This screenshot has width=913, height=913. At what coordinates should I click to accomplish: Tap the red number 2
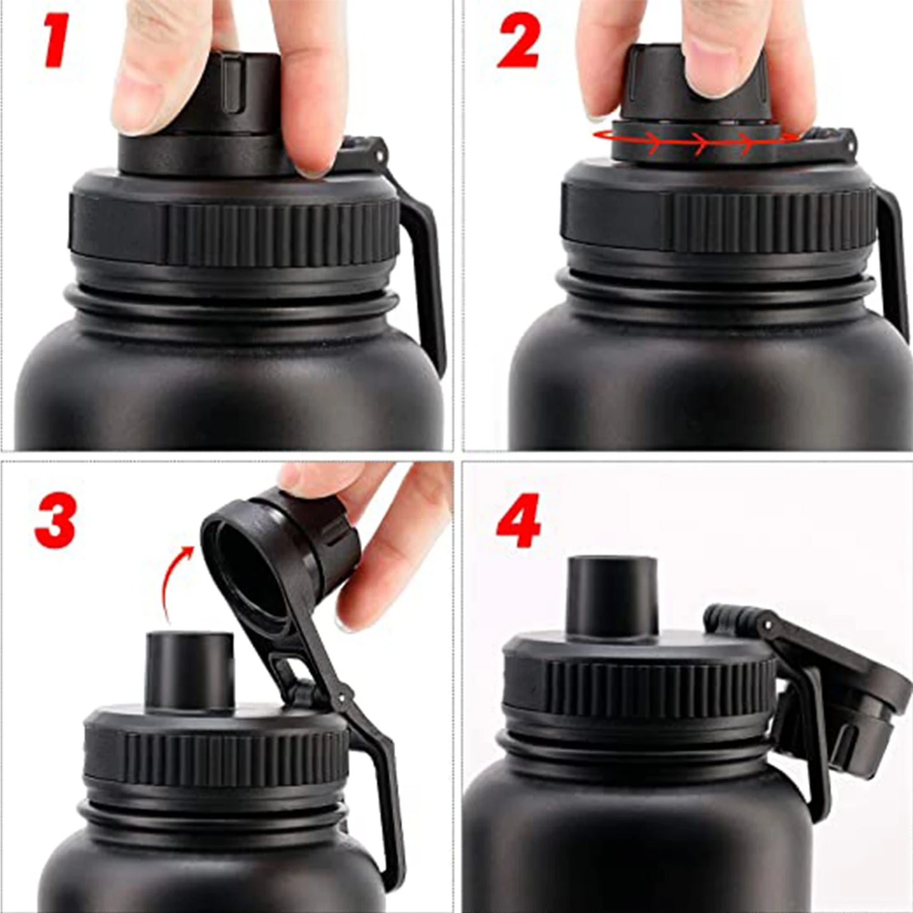517,42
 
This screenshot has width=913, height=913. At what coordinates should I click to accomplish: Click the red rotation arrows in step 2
695,141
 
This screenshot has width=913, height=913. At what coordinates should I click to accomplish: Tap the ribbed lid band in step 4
638,695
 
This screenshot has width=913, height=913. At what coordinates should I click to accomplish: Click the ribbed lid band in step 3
215,758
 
